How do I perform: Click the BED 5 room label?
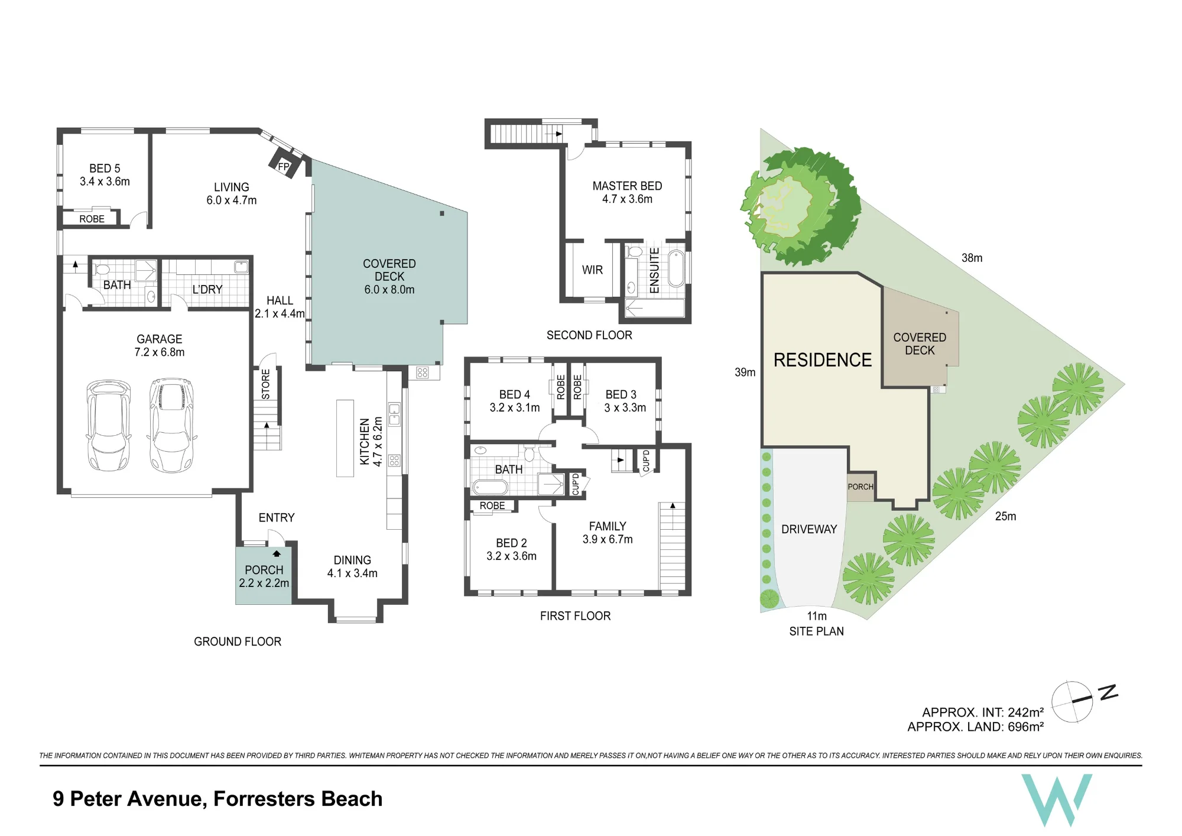pos(105,175)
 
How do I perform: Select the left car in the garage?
pos(109,425)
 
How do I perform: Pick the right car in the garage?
pos(172,425)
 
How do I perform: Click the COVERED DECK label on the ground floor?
pos(389,277)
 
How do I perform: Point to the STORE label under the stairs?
pos(265,384)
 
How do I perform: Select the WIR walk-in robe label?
pos(592,270)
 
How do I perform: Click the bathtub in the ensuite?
pos(676,269)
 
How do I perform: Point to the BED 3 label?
pos(625,401)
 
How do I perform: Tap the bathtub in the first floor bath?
pos(490,488)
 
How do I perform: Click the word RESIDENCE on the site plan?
pos(823,360)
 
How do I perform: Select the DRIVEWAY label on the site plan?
pos(809,529)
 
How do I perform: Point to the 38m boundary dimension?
pos(972,258)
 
